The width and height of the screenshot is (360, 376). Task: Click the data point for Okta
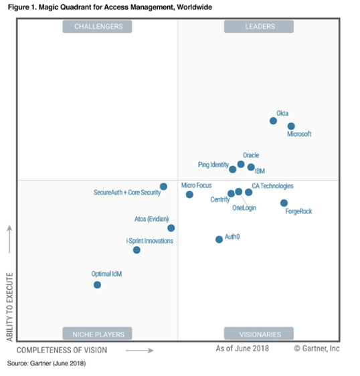click(273, 120)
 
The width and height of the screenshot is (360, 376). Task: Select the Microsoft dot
click(291, 126)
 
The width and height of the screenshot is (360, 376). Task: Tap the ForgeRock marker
click(284, 203)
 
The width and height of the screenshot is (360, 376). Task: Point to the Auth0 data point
click(219, 240)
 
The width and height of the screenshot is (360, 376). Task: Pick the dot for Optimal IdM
click(97, 285)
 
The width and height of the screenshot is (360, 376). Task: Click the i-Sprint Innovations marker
click(137, 250)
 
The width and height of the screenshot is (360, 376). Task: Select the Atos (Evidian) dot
click(171, 227)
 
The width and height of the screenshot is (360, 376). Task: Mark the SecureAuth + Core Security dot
click(163, 186)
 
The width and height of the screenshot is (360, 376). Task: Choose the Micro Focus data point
click(189, 195)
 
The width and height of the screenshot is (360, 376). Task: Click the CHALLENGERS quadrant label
click(97, 26)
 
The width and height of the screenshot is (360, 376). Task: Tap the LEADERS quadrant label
click(259, 26)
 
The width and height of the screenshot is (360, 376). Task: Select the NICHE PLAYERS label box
click(97, 333)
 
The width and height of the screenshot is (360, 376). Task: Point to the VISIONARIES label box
click(259, 333)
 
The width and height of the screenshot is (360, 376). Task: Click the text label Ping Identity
click(213, 165)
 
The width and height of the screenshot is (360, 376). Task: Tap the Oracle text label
click(251, 155)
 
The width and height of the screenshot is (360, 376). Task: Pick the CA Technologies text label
click(272, 186)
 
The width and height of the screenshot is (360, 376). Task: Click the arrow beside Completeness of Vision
click(140, 351)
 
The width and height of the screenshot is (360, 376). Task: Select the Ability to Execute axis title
click(9, 307)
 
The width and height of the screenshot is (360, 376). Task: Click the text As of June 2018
click(242, 349)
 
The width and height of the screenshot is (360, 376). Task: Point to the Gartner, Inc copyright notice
click(317, 349)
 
